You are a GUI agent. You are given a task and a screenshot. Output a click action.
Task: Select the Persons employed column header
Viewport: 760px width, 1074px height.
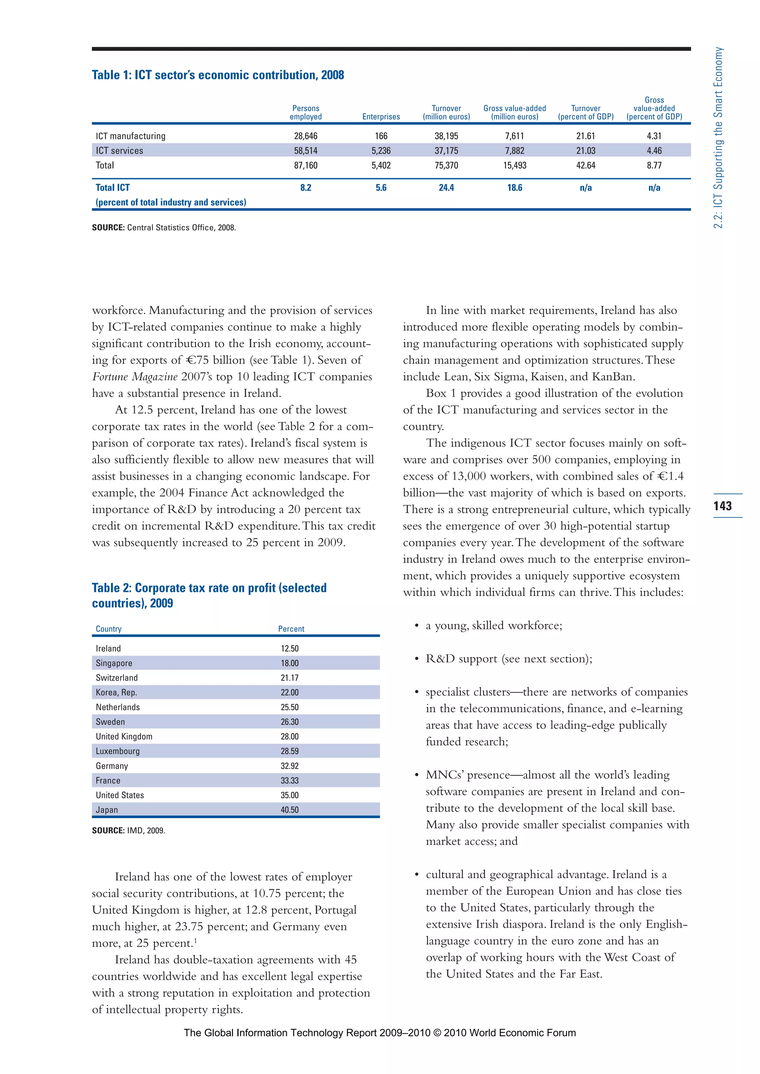[x=305, y=112]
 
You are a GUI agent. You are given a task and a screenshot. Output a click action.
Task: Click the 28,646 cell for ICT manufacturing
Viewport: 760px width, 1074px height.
[x=305, y=136]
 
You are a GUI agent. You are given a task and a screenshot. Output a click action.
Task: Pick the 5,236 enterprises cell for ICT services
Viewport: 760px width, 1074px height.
[x=381, y=151]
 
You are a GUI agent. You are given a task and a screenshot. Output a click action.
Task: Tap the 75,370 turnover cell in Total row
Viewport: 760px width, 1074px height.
[x=446, y=166]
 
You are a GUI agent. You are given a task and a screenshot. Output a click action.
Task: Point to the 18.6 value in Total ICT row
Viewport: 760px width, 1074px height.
[x=514, y=188]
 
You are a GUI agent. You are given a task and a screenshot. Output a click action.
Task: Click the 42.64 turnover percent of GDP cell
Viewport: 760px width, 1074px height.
[x=586, y=166]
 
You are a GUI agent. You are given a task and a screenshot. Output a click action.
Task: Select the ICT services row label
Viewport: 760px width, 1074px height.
[x=119, y=151]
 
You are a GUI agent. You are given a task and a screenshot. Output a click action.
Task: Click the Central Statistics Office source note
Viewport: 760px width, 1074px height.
[x=164, y=228]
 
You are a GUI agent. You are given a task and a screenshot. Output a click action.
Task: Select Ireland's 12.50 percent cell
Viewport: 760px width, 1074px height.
[x=290, y=648]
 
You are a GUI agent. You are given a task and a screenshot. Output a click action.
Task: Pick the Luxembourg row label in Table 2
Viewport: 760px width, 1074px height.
[x=118, y=751]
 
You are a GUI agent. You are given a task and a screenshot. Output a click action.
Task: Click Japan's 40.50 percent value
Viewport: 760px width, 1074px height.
[x=290, y=810]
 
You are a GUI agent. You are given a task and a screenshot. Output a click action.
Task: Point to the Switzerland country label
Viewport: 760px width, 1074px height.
[x=117, y=678]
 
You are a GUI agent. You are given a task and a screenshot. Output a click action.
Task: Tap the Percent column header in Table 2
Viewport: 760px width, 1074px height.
[x=291, y=629]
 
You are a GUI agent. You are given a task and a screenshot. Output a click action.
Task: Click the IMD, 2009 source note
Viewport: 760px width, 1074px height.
[x=128, y=830]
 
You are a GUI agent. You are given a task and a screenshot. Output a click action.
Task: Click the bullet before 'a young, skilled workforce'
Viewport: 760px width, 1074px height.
[x=416, y=626]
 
